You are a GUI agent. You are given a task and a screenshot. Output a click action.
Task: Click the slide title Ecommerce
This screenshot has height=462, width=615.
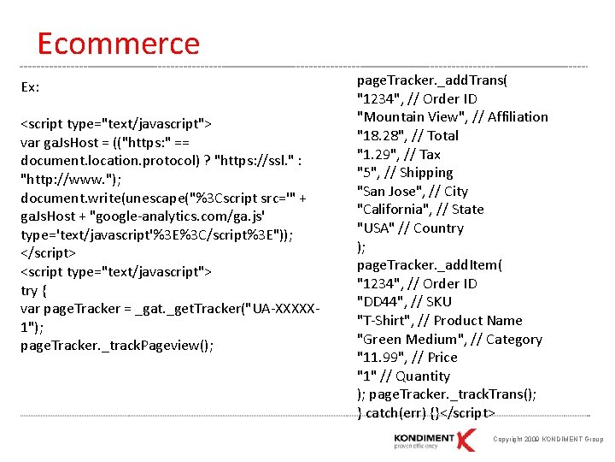(118, 44)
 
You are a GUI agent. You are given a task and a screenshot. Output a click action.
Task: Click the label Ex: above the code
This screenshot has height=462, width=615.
(30, 87)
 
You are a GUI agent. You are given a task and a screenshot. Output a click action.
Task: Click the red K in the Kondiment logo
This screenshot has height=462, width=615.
(465, 439)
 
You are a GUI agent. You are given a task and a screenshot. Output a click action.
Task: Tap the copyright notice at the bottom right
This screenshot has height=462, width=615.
(548, 439)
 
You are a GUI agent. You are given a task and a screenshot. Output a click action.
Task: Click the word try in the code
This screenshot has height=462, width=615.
(28, 290)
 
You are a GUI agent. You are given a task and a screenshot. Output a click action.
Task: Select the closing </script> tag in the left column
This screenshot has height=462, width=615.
(48, 253)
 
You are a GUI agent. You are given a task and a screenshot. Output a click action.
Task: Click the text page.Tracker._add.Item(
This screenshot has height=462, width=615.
(429, 265)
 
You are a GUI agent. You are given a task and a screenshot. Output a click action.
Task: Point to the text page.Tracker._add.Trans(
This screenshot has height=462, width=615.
(431, 80)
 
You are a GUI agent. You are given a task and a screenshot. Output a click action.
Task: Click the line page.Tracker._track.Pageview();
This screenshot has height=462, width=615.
(117, 346)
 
